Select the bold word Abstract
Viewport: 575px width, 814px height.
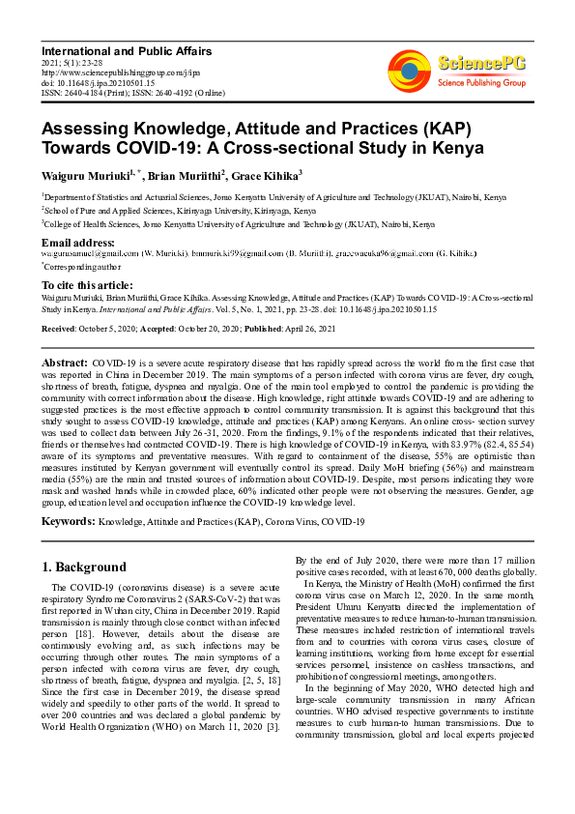(x=65, y=361)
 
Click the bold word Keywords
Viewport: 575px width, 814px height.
(x=68, y=522)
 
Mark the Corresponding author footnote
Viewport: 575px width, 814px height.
(x=82, y=264)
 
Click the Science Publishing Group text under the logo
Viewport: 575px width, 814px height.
(x=481, y=83)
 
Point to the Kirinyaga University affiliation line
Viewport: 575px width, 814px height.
(x=180, y=209)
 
